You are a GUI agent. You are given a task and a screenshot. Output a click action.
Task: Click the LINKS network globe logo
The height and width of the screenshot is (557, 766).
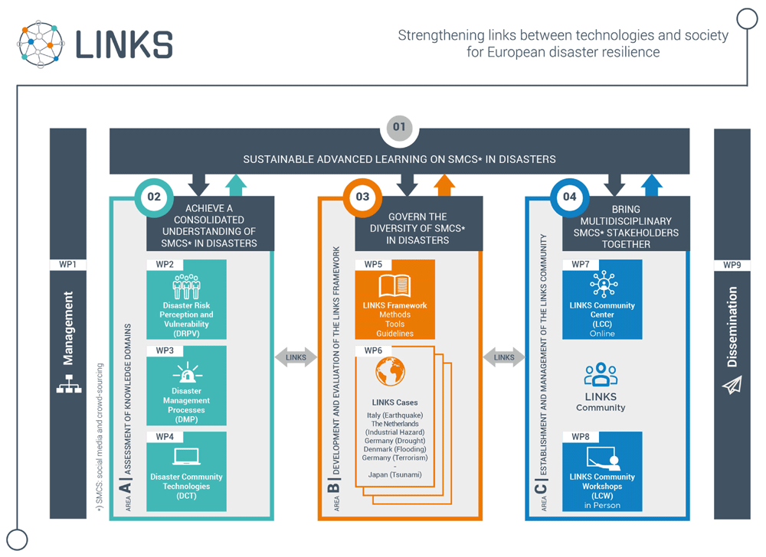[x=41, y=44]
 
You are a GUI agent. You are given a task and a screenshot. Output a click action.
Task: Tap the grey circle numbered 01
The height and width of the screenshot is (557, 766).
[x=399, y=127]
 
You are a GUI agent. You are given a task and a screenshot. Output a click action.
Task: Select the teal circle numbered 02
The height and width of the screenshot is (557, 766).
[x=154, y=197]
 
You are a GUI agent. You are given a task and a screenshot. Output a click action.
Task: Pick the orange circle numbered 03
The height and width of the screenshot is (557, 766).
[x=362, y=197]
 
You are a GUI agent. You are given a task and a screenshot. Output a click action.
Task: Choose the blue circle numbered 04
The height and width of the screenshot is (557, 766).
[x=570, y=197]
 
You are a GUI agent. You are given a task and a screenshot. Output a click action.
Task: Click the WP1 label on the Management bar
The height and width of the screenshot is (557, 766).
[x=68, y=265]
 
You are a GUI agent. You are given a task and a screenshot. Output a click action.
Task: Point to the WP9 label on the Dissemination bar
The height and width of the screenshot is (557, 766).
[x=732, y=265]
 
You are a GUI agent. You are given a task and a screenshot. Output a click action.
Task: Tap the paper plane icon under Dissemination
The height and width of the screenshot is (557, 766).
[x=732, y=385]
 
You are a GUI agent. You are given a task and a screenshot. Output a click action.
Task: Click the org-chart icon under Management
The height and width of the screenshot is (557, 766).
[x=69, y=384]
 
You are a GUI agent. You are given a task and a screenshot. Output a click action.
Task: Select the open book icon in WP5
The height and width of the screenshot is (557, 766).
[x=394, y=286]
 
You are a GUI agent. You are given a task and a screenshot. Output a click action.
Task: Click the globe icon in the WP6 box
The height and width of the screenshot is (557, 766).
[x=391, y=372]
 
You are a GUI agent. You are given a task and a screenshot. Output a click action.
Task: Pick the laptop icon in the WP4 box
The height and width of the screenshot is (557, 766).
[x=187, y=457]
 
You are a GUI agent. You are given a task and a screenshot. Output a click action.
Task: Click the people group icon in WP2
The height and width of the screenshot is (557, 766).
[x=186, y=286]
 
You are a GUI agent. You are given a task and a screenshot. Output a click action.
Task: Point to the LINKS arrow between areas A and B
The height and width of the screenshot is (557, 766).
[x=296, y=357]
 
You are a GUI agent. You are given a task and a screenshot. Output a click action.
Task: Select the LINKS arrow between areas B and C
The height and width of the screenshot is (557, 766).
[x=504, y=357]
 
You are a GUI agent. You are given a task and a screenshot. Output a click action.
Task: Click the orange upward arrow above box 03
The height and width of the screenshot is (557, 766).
[x=444, y=186]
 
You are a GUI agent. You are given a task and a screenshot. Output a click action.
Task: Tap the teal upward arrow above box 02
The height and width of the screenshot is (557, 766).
[x=236, y=186]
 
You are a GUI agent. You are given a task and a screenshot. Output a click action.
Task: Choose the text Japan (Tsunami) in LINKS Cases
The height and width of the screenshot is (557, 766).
[x=394, y=474]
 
